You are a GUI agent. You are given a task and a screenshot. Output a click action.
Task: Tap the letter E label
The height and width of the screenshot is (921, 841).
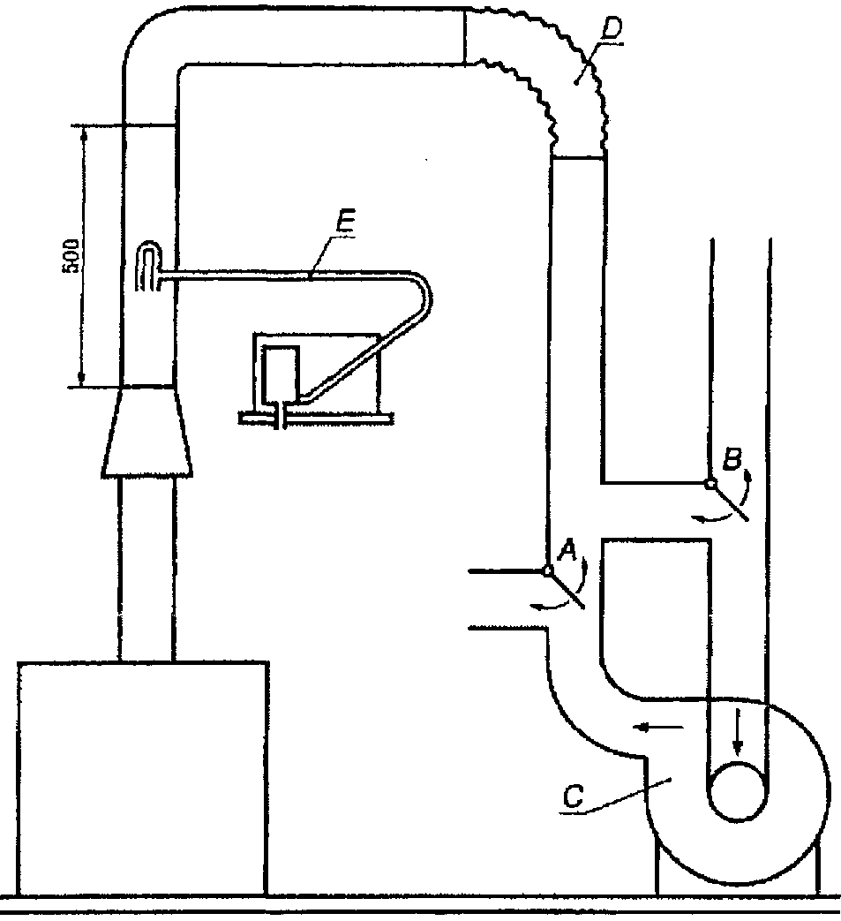point(346,223)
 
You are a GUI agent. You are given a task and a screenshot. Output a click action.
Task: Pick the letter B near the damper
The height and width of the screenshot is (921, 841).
point(732,459)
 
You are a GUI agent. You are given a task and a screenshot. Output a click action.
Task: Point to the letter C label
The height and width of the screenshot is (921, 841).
point(573,796)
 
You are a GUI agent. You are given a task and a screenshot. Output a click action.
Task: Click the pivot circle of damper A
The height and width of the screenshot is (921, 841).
point(547,570)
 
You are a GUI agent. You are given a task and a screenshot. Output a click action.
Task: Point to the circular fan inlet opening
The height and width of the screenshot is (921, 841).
point(737,791)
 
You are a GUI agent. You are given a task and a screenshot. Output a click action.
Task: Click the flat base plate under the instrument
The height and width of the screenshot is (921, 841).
point(316,418)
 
